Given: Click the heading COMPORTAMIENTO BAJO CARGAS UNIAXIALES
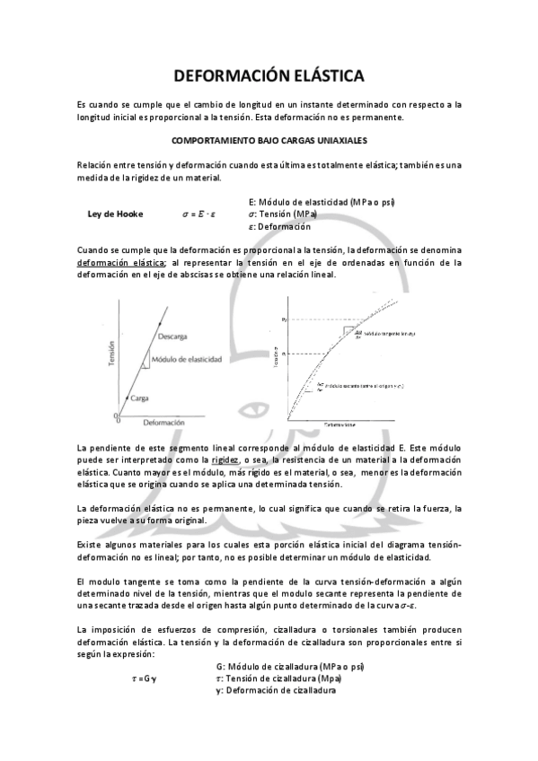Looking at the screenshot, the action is (269, 141).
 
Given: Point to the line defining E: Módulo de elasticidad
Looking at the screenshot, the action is (323, 203).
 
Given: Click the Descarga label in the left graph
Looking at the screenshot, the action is (172, 337).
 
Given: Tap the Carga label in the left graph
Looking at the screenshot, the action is (139, 398).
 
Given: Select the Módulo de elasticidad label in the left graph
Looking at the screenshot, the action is (187, 359).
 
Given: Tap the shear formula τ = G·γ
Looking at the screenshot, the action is (143, 679).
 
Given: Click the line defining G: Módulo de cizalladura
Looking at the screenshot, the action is (290, 667).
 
